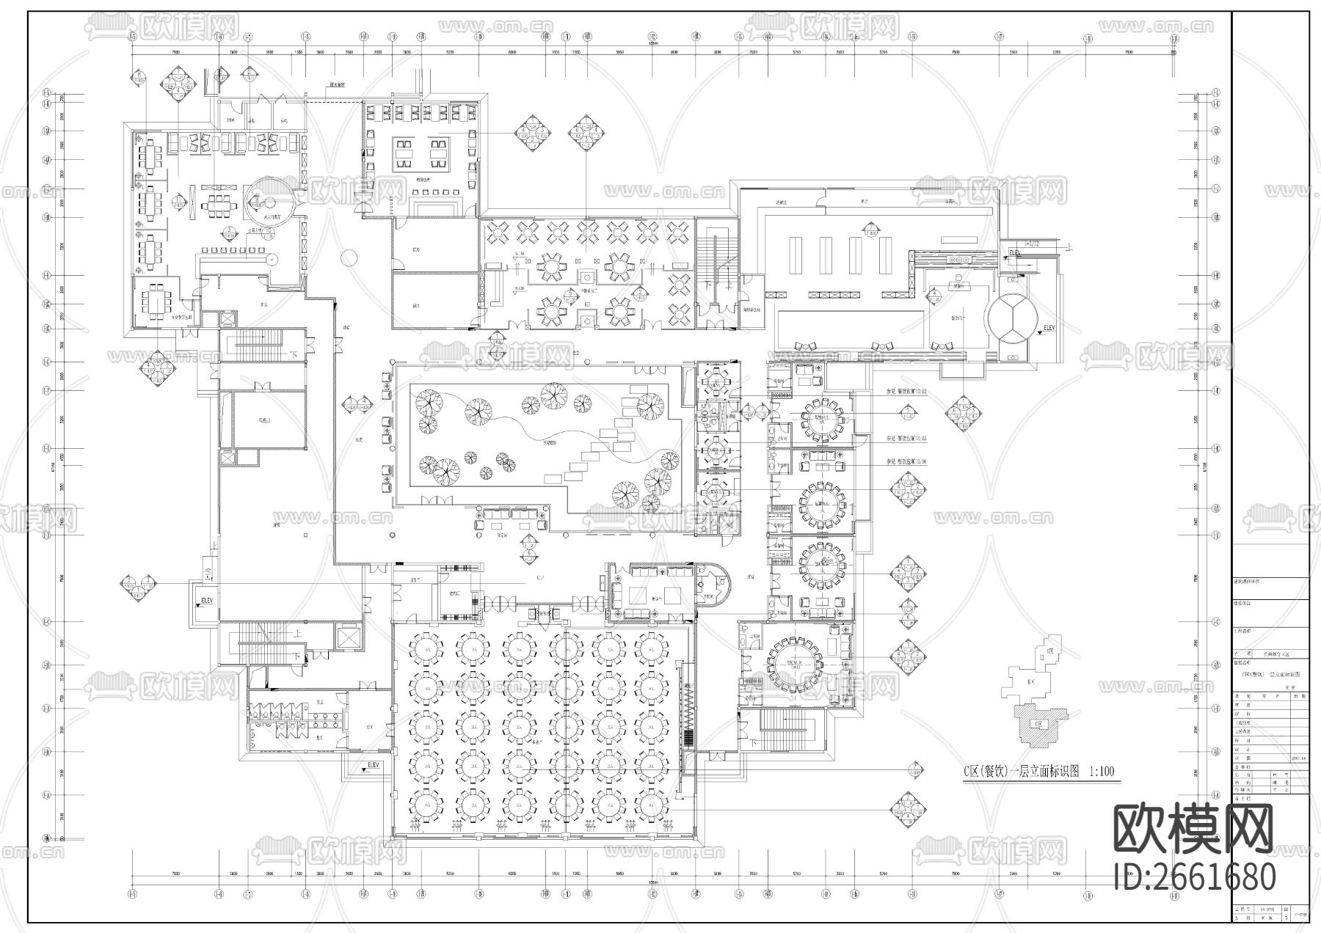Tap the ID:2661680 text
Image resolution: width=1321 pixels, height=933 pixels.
(1194, 877)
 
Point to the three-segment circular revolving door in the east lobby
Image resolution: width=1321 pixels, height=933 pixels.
(1011, 318)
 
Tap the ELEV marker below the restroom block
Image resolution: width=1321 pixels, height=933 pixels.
(373, 766)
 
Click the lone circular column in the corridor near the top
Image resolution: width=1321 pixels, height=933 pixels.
(349, 257)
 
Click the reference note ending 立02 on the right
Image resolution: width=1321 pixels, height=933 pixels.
(906, 392)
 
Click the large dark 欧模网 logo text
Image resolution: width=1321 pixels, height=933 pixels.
(1194, 828)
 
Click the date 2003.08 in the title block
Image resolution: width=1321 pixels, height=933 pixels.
(1298, 759)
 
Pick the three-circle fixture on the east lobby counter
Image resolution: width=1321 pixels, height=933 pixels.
(959, 260)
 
